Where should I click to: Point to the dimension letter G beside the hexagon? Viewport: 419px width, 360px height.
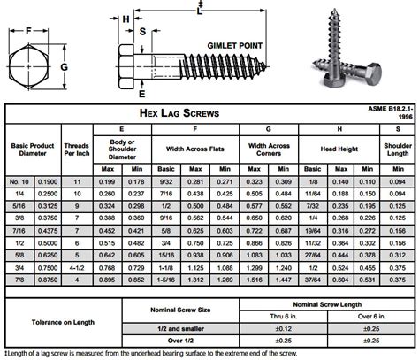[x=64, y=65]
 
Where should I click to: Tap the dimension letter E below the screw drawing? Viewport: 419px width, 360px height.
[x=141, y=92]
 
